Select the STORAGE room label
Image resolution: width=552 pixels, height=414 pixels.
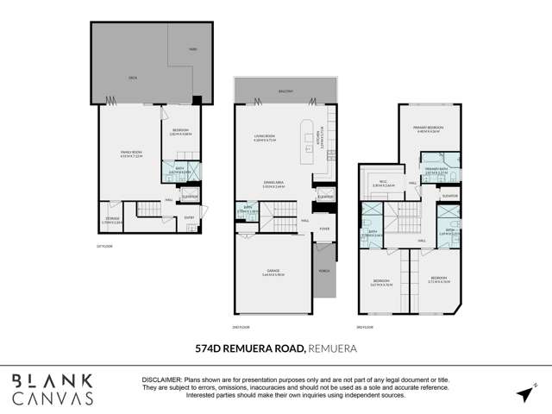(x=112, y=220)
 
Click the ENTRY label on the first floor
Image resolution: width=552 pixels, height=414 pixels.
(x=190, y=217)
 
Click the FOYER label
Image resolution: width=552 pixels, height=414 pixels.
(x=325, y=229)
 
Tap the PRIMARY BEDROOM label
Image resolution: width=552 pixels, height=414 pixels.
(x=439, y=128)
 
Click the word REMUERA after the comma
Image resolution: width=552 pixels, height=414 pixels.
(x=333, y=348)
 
